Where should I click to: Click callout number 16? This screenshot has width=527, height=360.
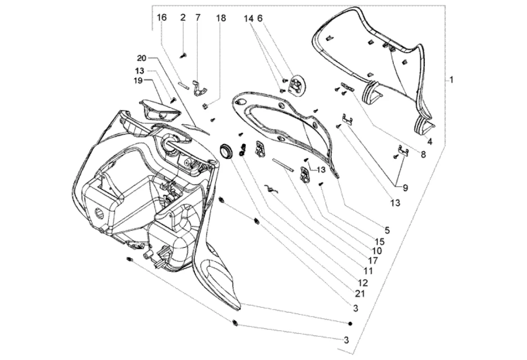[162, 18]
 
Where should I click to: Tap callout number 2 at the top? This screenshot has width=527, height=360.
[183, 18]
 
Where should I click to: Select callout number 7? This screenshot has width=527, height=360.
[198, 18]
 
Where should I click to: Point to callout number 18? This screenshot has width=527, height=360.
[221, 18]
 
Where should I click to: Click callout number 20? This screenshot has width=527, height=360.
[142, 58]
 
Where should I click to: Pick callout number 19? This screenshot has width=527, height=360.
[138, 81]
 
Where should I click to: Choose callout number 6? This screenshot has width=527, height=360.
[260, 18]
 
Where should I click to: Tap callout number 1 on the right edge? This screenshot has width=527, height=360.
[452, 80]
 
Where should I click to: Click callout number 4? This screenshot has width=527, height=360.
[430, 142]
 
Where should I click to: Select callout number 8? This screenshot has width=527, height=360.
[423, 154]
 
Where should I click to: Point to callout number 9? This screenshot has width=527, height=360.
[405, 188]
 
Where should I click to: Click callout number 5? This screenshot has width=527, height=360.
[387, 230]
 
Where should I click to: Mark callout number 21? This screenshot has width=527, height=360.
[360, 293]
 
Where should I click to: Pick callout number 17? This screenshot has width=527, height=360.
[373, 261]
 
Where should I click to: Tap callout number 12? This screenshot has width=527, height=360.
[363, 283]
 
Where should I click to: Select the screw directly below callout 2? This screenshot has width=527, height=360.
[184, 56]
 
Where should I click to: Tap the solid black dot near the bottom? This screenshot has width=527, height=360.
[350, 324]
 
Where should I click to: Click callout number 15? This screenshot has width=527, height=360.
[379, 242]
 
